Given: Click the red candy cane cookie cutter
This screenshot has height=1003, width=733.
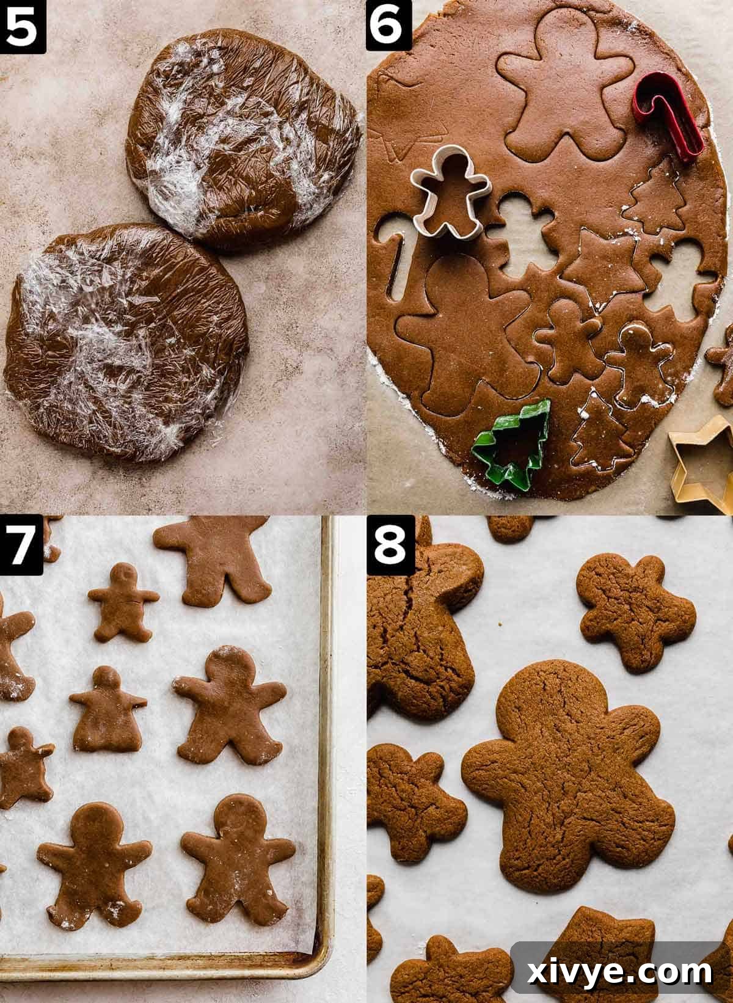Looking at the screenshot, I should (x=669, y=119).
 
